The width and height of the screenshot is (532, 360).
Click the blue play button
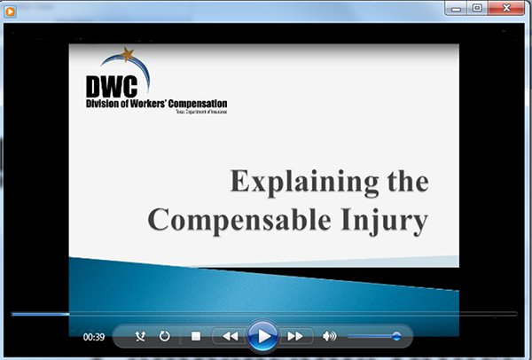point(262,336)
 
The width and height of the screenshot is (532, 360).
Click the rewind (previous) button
point(230,336)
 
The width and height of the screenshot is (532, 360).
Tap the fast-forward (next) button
point(295,336)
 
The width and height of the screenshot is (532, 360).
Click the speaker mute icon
point(330,336)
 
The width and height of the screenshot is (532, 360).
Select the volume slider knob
point(395,336)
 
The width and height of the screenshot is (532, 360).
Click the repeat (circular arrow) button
point(165,336)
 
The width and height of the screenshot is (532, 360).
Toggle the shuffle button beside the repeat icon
point(140,336)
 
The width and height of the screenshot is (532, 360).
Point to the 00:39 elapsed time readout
point(94,337)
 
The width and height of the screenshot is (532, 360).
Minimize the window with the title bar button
point(457,7)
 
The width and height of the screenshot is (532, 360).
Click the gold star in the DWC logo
point(130,56)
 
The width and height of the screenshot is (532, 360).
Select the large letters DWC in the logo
point(111,86)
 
